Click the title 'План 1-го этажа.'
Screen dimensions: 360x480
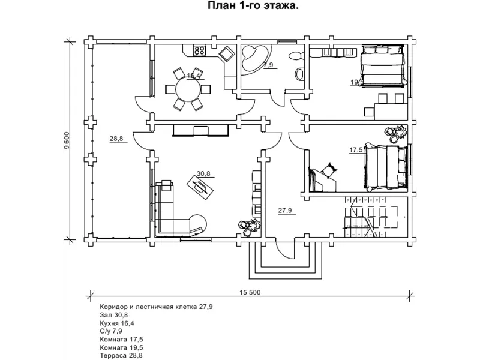coord(254,6)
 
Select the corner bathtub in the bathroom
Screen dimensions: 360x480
coord(253,58)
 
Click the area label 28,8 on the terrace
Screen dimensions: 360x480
coord(116,139)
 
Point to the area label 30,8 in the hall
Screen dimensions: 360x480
coord(203,173)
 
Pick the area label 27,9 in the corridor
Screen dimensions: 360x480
coord(284,211)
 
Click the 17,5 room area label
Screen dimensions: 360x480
coord(356,149)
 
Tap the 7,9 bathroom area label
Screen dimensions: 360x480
coord(268,65)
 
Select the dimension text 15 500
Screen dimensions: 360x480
coord(250,292)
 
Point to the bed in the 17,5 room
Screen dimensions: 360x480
coord(387,165)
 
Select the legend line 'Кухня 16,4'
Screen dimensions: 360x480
coord(117,323)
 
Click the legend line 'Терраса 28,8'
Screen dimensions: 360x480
coord(122,355)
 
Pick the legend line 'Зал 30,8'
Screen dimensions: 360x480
coord(113,314)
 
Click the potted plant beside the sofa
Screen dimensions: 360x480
coord(244,226)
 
